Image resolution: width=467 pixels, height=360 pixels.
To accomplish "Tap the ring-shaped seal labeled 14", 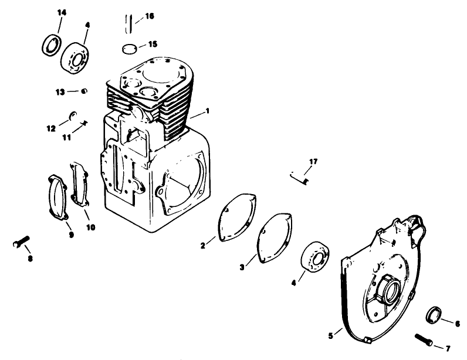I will pos(52,44).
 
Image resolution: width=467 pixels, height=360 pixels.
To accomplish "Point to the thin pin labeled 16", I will pos(127,25).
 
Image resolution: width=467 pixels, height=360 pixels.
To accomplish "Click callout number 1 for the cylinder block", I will pos(207,110).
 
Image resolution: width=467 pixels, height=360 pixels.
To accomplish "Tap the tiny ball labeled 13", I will pos(84,90).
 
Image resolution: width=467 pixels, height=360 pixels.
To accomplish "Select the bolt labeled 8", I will pos(20,243).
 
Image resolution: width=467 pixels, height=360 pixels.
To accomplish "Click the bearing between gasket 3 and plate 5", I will pos(317,256).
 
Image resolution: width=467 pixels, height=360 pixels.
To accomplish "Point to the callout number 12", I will pos(50,127).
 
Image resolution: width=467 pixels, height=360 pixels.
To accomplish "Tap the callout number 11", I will pos(66,137).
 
